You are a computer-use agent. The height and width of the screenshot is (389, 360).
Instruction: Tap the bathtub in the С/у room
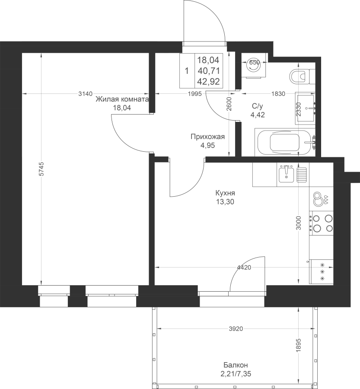tap(285, 142)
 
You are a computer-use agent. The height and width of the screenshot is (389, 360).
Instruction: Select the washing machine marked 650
tap(254, 66)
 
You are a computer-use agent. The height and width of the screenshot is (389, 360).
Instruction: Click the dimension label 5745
tap(41, 169)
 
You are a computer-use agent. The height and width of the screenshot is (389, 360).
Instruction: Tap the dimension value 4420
tap(244, 268)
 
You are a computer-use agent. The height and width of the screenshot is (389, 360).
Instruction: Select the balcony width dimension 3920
tap(236, 329)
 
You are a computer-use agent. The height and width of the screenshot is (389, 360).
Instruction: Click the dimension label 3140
tap(85, 94)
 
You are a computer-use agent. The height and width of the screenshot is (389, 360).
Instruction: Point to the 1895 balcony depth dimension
tap(299, 345)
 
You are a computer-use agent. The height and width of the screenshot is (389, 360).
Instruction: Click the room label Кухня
tap(225, 193)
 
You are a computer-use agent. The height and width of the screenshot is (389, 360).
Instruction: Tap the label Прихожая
tap(208, 137)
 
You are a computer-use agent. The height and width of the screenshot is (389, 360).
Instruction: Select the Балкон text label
tap(236, 365)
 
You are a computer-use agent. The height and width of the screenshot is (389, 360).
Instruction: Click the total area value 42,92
tap(209, 82)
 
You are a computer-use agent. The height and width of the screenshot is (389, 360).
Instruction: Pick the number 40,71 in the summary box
tap(209, 71)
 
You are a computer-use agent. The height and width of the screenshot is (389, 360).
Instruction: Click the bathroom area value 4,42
tap(258, 115)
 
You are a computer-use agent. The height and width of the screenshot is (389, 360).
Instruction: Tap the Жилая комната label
tap(122, 99)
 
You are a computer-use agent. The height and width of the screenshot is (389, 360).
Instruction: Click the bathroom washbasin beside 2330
tap(305, 108)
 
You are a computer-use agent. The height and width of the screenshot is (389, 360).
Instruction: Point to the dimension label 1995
tap(195, 94)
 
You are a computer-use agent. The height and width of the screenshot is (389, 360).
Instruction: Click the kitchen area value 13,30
tap(225, 202)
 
